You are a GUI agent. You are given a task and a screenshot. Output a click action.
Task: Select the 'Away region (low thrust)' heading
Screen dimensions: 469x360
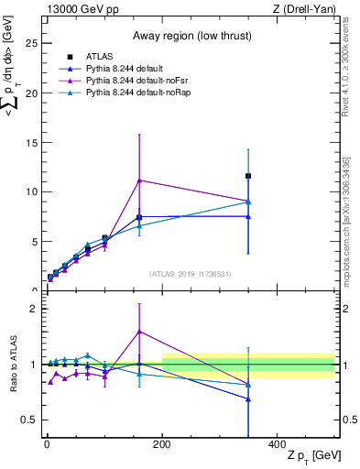[124, 36]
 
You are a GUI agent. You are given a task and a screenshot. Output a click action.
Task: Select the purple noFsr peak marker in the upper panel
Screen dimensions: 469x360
[139, 180]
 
